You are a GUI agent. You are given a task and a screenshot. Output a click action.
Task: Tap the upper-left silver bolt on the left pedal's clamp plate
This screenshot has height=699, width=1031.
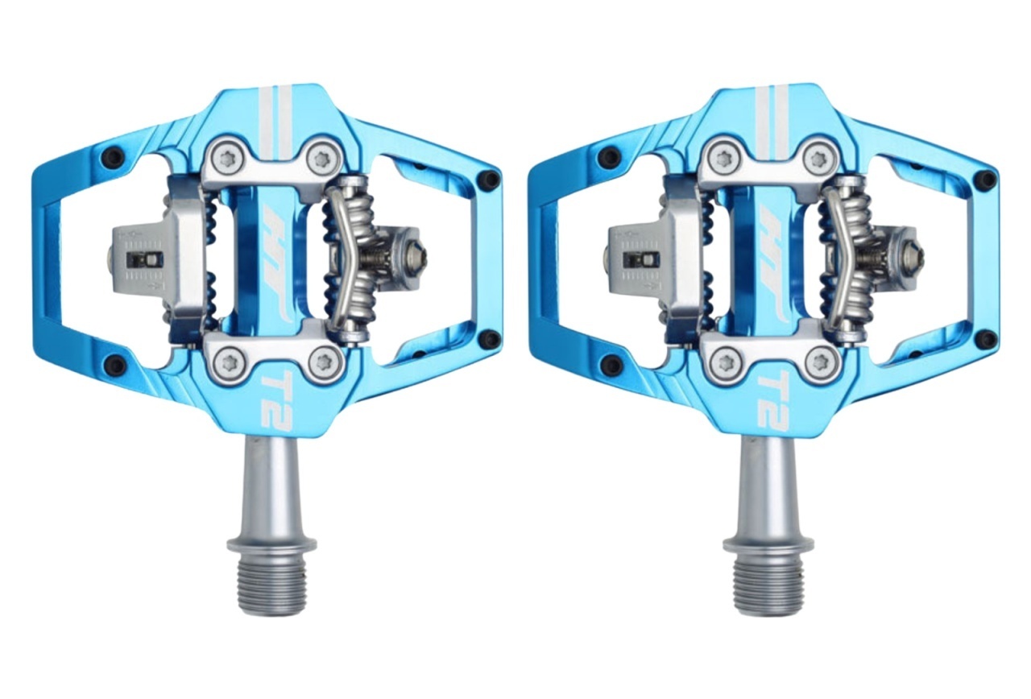226,159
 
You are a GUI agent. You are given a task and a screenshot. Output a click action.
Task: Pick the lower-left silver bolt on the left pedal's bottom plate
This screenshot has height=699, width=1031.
226,361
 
